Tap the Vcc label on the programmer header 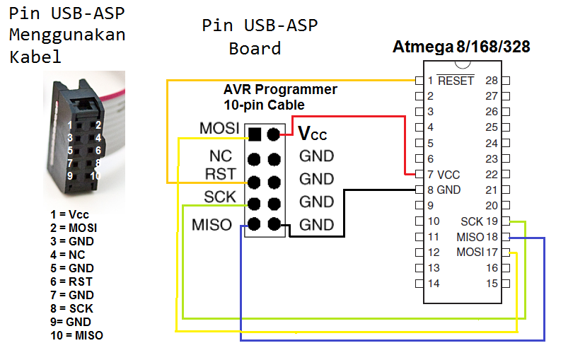(x=312, y=134)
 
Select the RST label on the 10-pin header (x=220, y=174)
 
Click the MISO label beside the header (x=212, y=225)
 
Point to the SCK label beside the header (x=220, y=197)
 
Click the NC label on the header (x=220, y=156)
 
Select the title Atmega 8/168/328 (x=461, y=47)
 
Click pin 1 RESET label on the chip (x=451, y=81)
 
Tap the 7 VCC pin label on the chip (x=444, y=174)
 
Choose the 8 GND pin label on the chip (x=444, y=190)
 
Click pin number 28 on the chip (x=492, y=81)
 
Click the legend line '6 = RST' (x=71, y=281)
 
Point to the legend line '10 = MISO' (x=76, y=335)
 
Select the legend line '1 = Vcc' (x=69, y=214)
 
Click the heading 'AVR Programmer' (x=280, y=91)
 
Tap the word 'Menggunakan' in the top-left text (x=67, y=35)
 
